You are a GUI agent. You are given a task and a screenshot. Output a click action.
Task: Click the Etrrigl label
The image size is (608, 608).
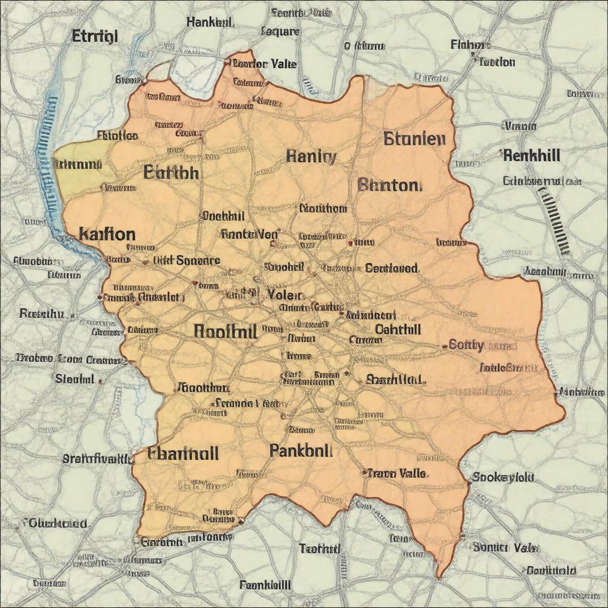[95, 37]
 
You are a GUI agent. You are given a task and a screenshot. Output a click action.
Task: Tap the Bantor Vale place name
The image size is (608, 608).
[264, 64]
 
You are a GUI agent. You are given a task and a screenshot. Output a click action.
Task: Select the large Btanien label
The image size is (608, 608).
[414, 140]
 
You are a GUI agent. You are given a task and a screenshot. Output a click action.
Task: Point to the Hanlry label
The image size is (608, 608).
[311, 157]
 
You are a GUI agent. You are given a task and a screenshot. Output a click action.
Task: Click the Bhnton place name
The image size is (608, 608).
[390, 185]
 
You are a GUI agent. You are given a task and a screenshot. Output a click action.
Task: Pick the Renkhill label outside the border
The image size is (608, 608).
[531, 156]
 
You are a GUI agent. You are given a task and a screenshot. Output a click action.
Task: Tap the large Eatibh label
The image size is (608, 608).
[172, 173]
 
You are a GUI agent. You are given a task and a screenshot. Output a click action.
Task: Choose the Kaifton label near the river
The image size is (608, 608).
[107, 234]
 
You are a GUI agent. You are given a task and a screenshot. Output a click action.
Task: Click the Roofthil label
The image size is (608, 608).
[226, 331]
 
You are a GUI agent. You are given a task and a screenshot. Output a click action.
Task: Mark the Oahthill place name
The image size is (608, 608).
[398, 329]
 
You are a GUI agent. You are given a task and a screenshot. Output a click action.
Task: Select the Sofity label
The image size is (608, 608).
[467, 344]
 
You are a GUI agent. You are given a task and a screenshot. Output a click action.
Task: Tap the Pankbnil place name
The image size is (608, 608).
[300, 451]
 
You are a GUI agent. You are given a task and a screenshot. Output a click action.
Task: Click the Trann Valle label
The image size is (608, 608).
[396, 473]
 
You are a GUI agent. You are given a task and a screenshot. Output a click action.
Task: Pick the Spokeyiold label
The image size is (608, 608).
[503, 477]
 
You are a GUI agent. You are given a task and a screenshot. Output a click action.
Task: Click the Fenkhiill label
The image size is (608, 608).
[265, 585]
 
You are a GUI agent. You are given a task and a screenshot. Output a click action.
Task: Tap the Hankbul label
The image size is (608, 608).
[210, 23]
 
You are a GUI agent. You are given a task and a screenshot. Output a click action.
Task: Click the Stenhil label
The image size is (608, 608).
[75, 378]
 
